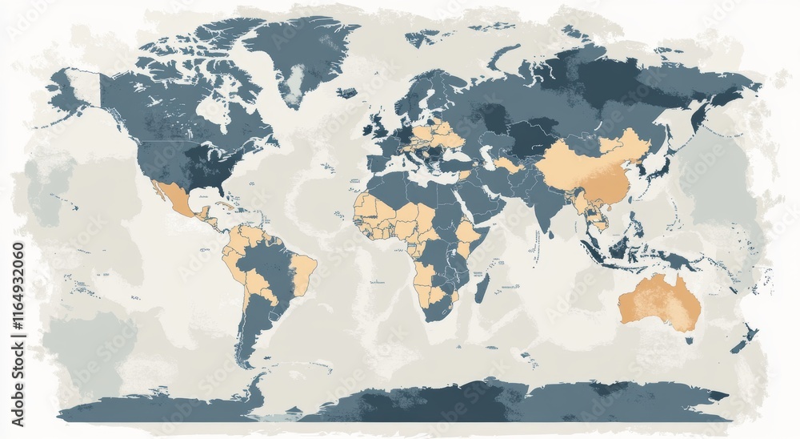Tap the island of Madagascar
pos(482,288)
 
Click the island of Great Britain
pos(374,127)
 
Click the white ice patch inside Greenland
pos(297,79)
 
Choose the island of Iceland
pos(346,93)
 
